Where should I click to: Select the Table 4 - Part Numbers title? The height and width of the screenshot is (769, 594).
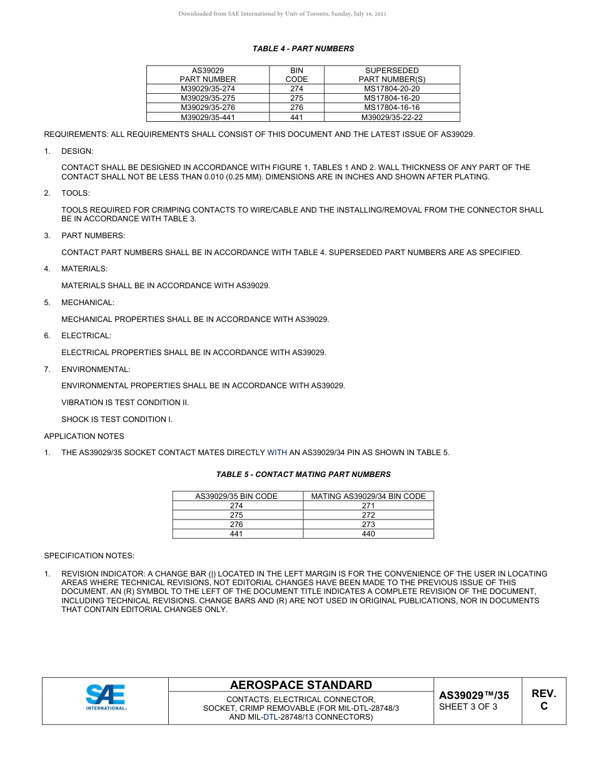coord(303,49)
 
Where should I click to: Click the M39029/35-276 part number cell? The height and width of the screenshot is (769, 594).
coord(208,108)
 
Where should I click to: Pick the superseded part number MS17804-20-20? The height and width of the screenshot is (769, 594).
coord(391,89)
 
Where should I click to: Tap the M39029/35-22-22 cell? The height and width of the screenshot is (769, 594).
coord(391,117)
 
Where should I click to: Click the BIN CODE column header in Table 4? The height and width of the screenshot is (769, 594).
coord(296,75)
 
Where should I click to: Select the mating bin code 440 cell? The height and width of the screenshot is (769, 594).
coord(368,534)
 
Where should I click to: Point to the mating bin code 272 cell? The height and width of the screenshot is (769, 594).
coord(368,515)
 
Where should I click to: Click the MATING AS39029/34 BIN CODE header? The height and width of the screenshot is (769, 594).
coord(368,496)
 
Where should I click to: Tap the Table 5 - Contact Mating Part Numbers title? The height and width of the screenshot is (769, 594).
coord(303,475)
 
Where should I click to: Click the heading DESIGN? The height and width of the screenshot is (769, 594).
coord(77,151)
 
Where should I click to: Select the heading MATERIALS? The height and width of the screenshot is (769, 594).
coord(84,269)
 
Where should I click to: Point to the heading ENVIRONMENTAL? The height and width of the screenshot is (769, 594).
coord(96,369)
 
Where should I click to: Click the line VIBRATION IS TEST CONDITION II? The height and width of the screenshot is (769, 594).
coord(125,403)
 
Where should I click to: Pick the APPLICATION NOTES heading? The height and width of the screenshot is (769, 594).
coord(84,436)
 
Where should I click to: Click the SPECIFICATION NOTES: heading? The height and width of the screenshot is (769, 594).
coord(89,556)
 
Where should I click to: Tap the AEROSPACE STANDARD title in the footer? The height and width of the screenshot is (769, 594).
coord(301,685)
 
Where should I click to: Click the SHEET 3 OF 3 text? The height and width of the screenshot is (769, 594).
coord(468,707)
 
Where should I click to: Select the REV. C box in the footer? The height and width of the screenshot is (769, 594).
coord(543,700)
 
